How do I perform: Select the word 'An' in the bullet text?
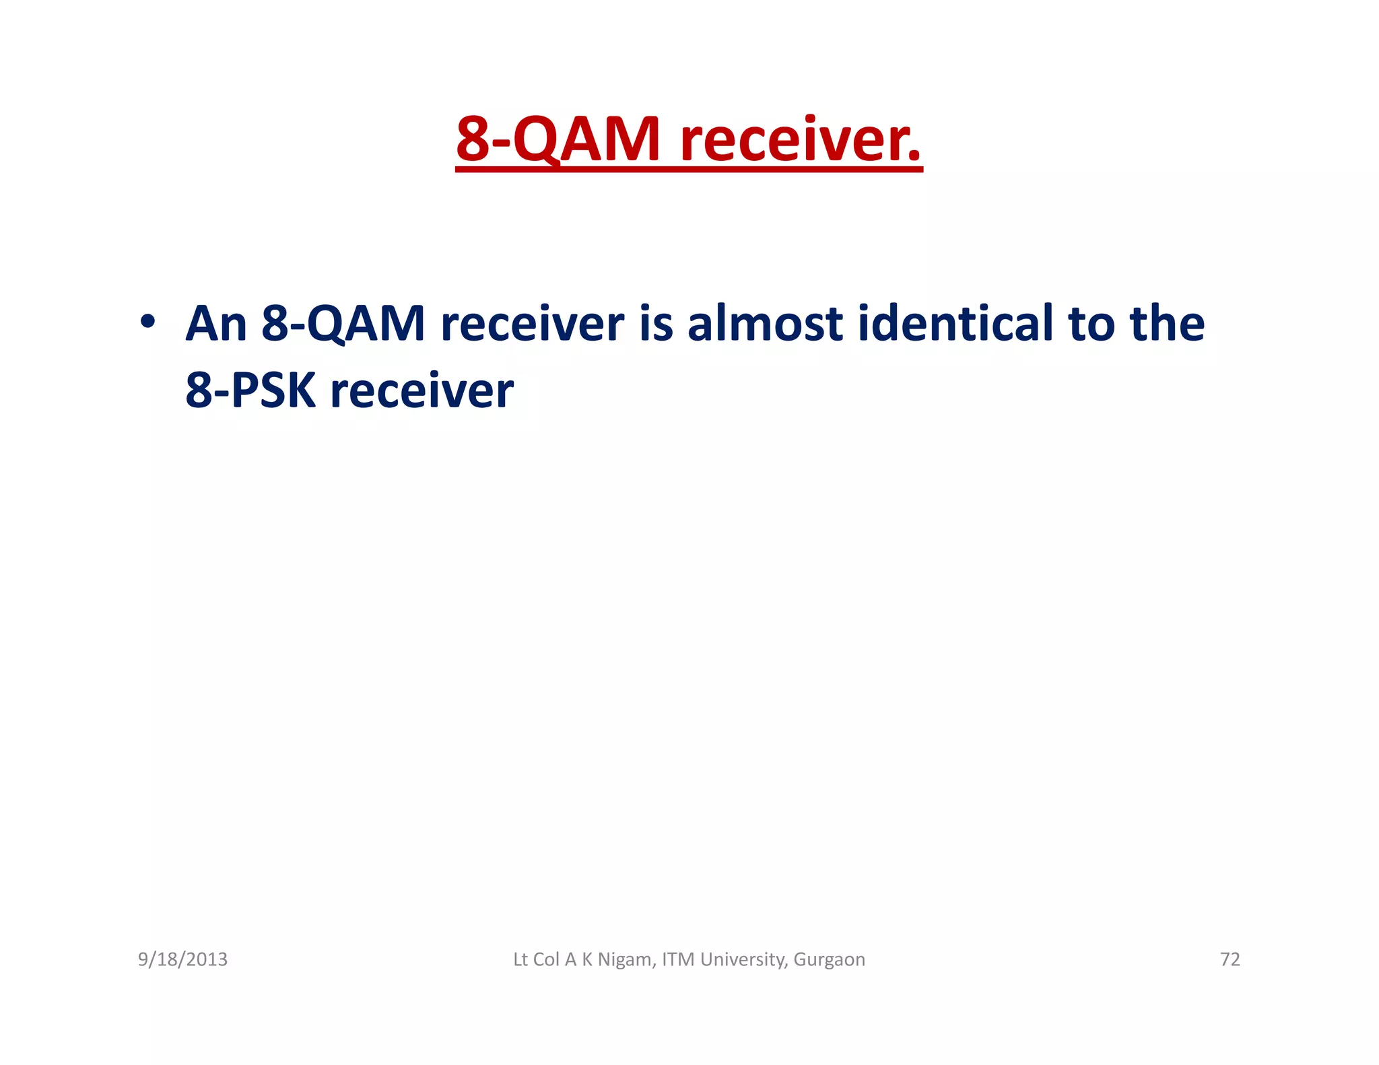tap(216, 324)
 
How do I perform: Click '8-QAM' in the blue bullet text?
tap(343, 324)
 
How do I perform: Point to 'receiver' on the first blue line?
tap(532, 324)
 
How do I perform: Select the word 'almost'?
tap(765, 324)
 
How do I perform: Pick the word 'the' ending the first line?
tap(1167, 324)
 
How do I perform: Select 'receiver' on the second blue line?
tap(422, 391)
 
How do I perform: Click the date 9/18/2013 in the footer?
tap(182, 959)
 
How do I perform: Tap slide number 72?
tap(1230, 959)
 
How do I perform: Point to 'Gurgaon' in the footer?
tap(829, 959)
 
